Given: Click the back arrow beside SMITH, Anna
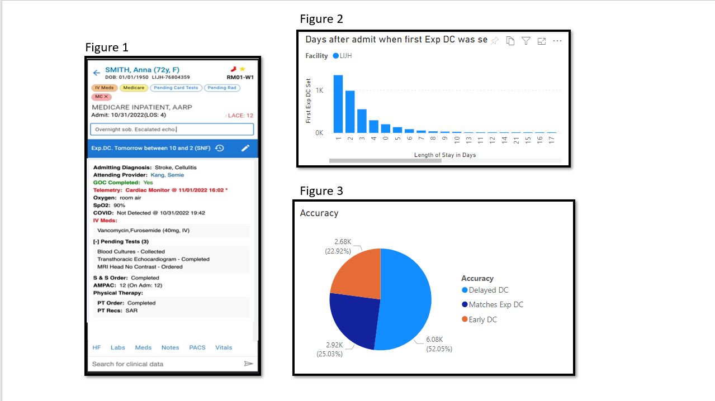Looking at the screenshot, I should tap(97, 73).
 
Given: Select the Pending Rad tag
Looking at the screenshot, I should tap(221, 88).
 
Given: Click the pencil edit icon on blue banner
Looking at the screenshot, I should tap(245, 148).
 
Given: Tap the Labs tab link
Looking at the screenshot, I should tap(118, 347).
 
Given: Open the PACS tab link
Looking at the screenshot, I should tap(197, 347).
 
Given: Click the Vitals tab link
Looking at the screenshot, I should tap(224, 347).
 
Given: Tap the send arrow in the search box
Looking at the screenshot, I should tap(248, 364).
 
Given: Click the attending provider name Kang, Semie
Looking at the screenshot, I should tap(167, 175).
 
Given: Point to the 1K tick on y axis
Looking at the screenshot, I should tap(319, 90).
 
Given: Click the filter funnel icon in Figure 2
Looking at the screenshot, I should tap(525, 41).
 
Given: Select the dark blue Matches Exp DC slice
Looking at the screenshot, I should tap(352, 318).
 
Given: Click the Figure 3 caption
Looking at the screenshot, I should tap(321, 191).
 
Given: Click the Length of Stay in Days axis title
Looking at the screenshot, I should tap(445, 155).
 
